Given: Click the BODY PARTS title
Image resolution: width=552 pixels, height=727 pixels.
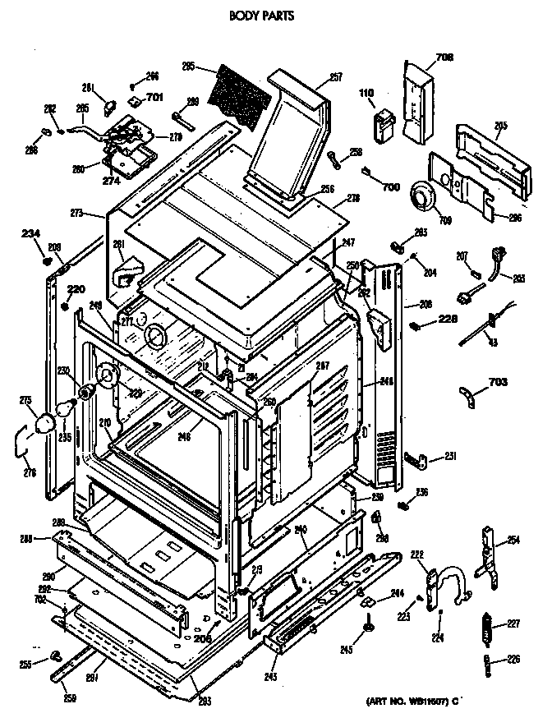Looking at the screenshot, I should point(260,15).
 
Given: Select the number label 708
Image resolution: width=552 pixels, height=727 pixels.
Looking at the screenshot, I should point(444,57).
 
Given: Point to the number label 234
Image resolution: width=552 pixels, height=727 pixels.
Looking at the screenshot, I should point(30,233).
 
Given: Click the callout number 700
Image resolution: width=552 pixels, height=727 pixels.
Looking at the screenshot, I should point(390,187).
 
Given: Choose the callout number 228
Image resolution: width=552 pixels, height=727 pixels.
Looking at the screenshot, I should point(448,320).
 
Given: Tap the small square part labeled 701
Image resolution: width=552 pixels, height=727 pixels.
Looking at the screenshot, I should point(132,99).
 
